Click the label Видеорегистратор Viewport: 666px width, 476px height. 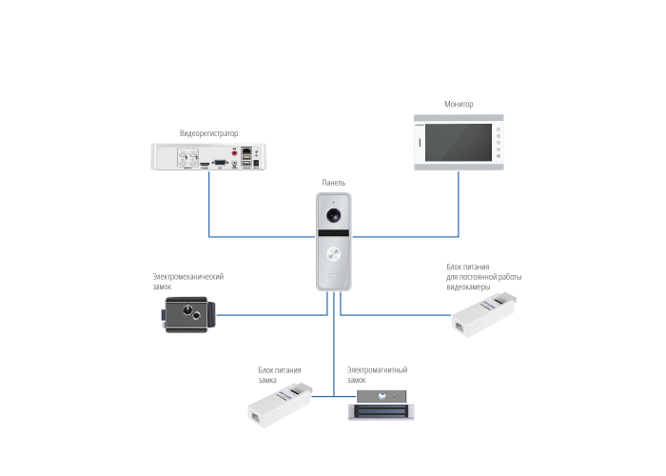point(207,133)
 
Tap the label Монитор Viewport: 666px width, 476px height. point(459,104)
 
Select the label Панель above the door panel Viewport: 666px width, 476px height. point(333,183)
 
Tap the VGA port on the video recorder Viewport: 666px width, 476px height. point(221,163)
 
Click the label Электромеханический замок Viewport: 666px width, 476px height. point(187,280)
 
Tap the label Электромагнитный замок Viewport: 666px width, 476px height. point(377,373)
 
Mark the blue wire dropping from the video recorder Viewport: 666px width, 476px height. point(210,205)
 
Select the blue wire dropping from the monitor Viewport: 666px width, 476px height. point(460,205)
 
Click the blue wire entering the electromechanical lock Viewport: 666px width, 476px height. point(271,313)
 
